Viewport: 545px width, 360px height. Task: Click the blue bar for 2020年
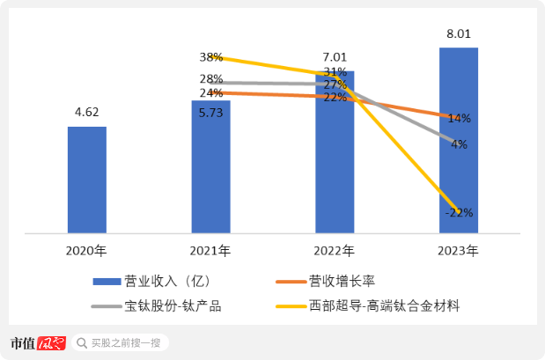click(x=87, y=180)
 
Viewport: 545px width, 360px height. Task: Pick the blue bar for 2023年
click(x=458, y=141)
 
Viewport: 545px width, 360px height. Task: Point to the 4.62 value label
click(x=86, y=113)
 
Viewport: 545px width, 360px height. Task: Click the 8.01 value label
click(x=458, y=33)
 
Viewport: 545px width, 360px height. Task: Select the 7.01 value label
click(x=335, y=57)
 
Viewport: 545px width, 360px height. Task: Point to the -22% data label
click(x=459, y=212)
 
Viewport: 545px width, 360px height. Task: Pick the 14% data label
click(x=459, y=118)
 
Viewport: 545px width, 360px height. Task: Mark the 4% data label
click(x=459, y=144)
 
